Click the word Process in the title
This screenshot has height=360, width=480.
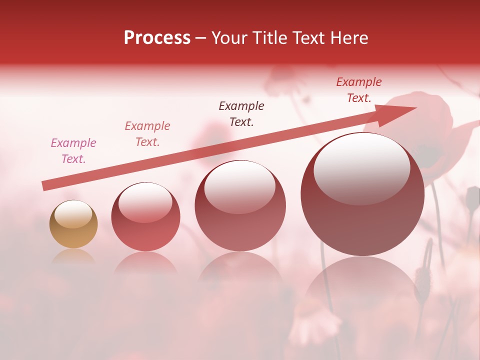pos(157,38)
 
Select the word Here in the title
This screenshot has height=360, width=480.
pos(348,38)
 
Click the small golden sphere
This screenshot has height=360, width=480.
pos(73,224)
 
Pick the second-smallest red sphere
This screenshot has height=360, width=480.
pos(145,217)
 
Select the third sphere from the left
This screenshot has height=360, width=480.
pos(240,206)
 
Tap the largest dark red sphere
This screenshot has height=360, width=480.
pos(362,194)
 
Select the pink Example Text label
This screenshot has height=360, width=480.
pos(73,151)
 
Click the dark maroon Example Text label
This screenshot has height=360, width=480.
pos(241,113)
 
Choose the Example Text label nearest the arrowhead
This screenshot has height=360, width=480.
pos(358,90)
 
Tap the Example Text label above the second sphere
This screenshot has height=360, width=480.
pos(147,134)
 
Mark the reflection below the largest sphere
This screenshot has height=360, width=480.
pos(362,285)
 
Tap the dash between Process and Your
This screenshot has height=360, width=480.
pos(201,38)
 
